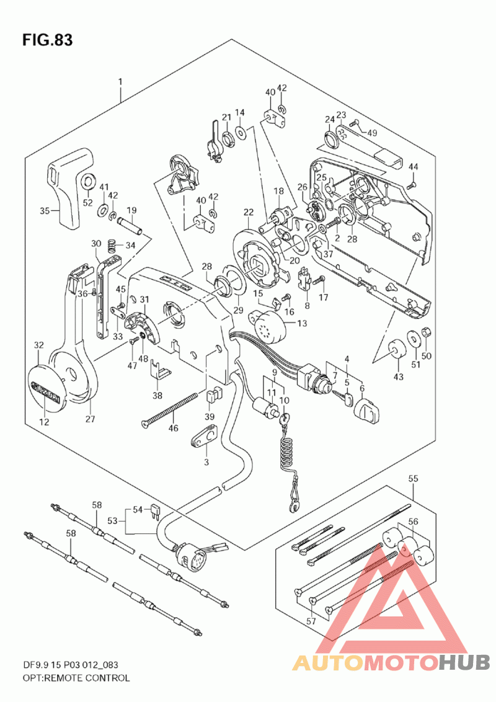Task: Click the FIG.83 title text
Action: (47, 41)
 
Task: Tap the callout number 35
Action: (44, 211)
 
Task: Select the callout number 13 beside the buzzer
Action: (302, 323)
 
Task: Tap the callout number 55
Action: (413, 479)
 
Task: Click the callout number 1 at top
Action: (120, 81)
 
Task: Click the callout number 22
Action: (249, 213)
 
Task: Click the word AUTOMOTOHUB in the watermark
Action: (391, 662)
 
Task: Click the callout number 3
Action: (206, 462)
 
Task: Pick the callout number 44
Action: (414, 166)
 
